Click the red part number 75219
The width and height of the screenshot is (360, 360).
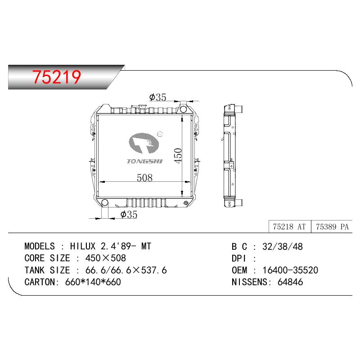pyautogui.click(x=57, y=76)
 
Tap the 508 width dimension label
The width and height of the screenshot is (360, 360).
pyautogui.click(x=144, y=177)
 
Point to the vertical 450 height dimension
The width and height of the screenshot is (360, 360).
pyautogui.click(x=178, y=156)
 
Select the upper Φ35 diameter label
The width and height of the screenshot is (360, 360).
pyautogui.click(x=157, y=97)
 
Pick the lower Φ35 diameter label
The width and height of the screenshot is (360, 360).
pyautogui.click(x=129, y=215)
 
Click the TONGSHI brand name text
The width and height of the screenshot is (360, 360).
pyautogui.click(x=144, y=161)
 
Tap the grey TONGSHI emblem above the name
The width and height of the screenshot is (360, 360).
pyautogui.click(x=144, y=143)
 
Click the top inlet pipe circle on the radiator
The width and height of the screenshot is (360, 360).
pyautogui.click(x=183, y=109)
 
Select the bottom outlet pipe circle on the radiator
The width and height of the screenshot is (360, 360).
pyautogui.click(x=105, y=202)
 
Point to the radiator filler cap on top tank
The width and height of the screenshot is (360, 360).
pyautogui.click(x=142, y=107)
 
